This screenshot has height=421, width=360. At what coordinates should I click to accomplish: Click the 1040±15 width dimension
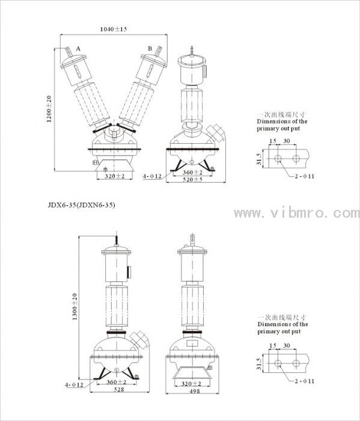pos(114,29)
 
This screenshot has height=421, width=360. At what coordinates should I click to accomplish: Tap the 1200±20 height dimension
pos(49,109)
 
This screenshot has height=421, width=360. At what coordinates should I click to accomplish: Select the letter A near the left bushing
pos(78,49)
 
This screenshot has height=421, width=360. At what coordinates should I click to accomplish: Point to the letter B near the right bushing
pos(150,49)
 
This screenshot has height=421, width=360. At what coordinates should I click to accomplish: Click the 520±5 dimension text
pos(192,179)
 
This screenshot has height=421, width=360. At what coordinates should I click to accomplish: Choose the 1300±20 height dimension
pos(75,307)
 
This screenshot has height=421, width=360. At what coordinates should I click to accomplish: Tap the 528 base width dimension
pos(119,389)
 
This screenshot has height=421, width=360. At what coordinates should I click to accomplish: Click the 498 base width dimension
pos(195,391)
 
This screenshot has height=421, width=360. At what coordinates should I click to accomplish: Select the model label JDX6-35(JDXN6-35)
pos(82,205)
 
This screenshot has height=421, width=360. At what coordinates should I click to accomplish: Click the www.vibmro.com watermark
pos(296,213)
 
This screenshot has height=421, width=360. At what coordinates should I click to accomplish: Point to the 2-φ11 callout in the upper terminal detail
pos(304,176)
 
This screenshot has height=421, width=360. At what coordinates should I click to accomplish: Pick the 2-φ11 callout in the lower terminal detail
pos(304,381)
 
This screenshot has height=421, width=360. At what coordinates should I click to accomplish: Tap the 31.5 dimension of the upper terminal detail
pos(259,159)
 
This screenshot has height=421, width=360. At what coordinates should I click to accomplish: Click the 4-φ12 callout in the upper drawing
pos(152,176)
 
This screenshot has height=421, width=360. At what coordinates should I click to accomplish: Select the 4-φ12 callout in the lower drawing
pos(75,385)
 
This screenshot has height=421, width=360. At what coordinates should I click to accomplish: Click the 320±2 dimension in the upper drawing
pos(115,176)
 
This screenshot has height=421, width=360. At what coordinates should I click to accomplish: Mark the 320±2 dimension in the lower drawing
pos(191,384)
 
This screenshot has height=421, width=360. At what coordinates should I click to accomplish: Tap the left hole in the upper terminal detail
pos(278,159)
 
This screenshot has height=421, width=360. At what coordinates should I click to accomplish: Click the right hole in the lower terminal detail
pos(296,363)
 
